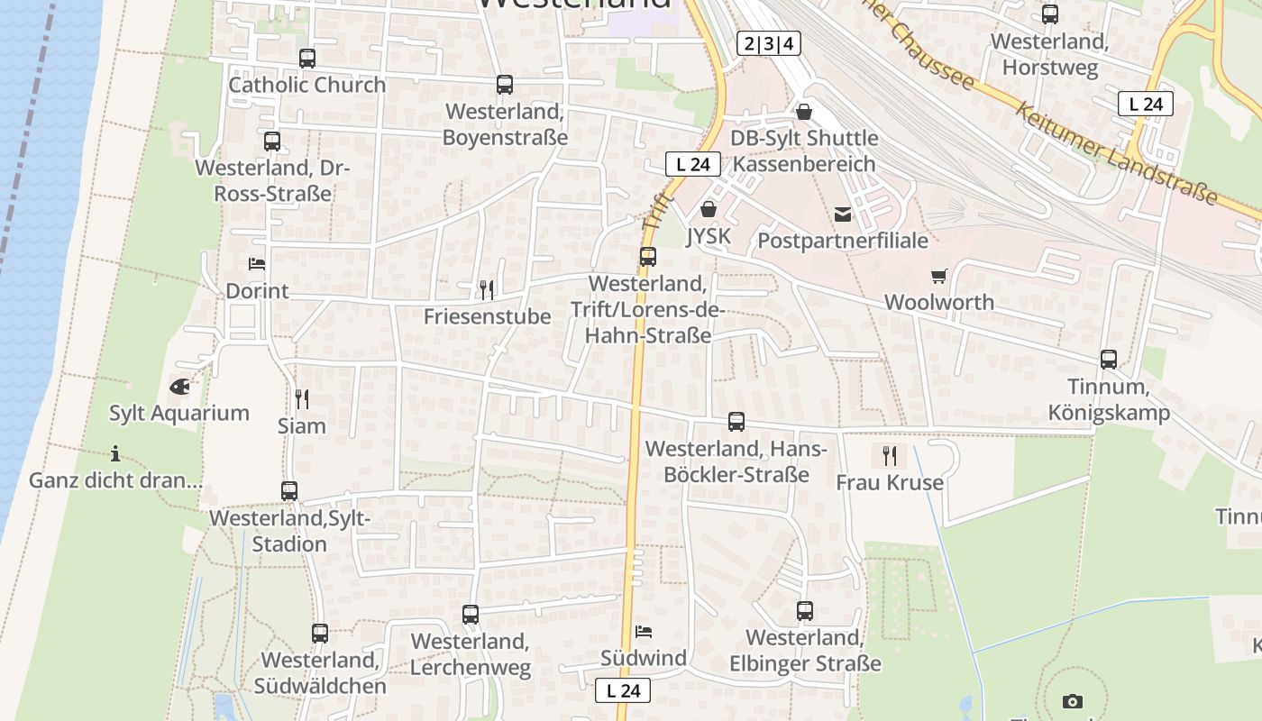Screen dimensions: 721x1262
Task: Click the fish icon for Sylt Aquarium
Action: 179,387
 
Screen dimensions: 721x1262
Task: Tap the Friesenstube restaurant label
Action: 487,316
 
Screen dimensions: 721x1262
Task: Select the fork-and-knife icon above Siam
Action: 302,398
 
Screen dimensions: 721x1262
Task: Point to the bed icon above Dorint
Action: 257,264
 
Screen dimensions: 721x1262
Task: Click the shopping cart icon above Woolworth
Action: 939,276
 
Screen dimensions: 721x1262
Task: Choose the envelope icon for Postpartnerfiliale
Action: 843,214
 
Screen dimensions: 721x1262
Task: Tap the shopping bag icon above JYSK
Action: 709,210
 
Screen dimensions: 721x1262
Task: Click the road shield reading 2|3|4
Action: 769,43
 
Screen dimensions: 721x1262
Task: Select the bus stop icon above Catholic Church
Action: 307,59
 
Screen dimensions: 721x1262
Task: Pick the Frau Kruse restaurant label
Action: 890,482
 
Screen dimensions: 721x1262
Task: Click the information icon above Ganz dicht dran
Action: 115,453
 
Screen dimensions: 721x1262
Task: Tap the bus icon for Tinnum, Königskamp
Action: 1109,360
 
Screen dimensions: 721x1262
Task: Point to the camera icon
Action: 1072,701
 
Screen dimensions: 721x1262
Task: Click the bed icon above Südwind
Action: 644,631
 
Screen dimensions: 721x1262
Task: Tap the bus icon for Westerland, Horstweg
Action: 1050,14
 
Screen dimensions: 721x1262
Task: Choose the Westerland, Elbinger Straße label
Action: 805,651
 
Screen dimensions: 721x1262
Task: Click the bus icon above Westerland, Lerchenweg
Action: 471,615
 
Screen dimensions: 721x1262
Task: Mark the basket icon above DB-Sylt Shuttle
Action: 804,112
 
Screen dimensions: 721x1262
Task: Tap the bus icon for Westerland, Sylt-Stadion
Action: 289,491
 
